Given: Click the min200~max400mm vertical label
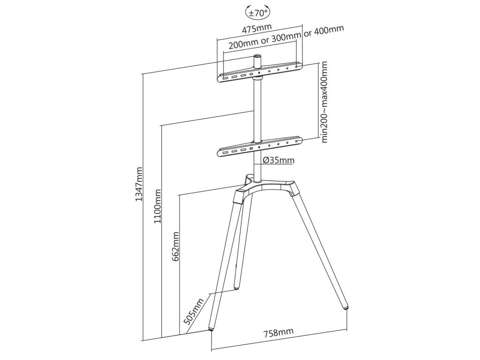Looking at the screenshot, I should (323, 103).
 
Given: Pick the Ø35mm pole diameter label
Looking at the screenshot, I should (279, 161).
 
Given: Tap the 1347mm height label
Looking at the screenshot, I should (139, 185).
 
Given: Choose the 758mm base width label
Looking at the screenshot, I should (278, 333).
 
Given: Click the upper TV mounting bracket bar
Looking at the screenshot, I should (260, 72).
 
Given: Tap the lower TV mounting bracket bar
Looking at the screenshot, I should (260, 146).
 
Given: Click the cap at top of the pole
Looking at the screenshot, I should (257, 58).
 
